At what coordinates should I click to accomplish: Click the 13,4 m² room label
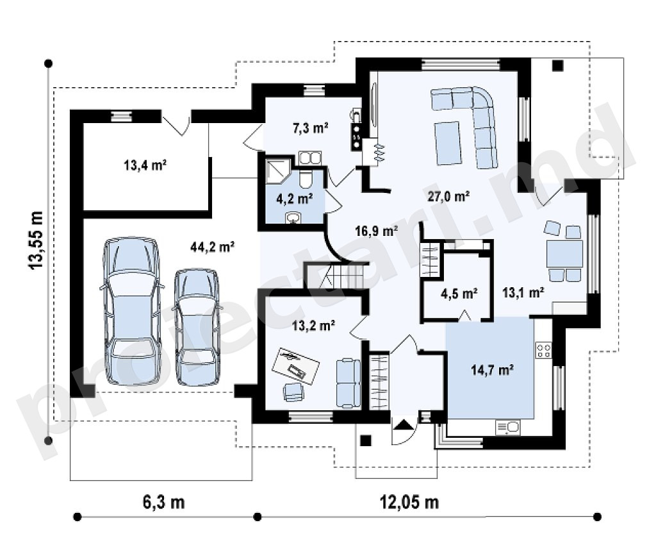pyautogui.click(x=145, y=165)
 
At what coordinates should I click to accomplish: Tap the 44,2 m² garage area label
pyautogui.click(x=212, y=247)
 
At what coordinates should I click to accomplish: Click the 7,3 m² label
pyautogui.click(x=310, y=128)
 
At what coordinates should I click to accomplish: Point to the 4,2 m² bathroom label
pyautogui.click(x=295, y=198)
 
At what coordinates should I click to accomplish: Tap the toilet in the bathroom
pyautogui.click(x=306, y=179)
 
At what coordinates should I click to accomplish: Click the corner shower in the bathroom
pyautogui.click(x=278, y=171)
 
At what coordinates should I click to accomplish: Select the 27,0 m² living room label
pyautogui.click(x=448, y=196)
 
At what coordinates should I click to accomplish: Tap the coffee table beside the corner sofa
pyautogui.click(x=448, y=143)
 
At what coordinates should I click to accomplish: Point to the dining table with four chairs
pyautogui.click(x=564, y=253)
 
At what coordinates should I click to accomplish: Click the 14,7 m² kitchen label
pyautogui.click(x=492, y=370)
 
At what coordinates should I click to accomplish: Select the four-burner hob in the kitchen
pyautogui.click(x=543, y=351)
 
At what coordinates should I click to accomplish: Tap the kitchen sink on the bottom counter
pyautogui.click(x=508, y=428)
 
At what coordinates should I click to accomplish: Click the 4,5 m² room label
pyautogui.click(x=459, y=294)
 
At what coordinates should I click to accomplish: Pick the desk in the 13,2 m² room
pyautogui.click(x=296, y=365)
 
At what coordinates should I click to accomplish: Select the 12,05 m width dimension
pyautogui.click(x=409, y=502)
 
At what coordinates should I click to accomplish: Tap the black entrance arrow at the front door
pyautogui.click(x=403, y=425)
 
